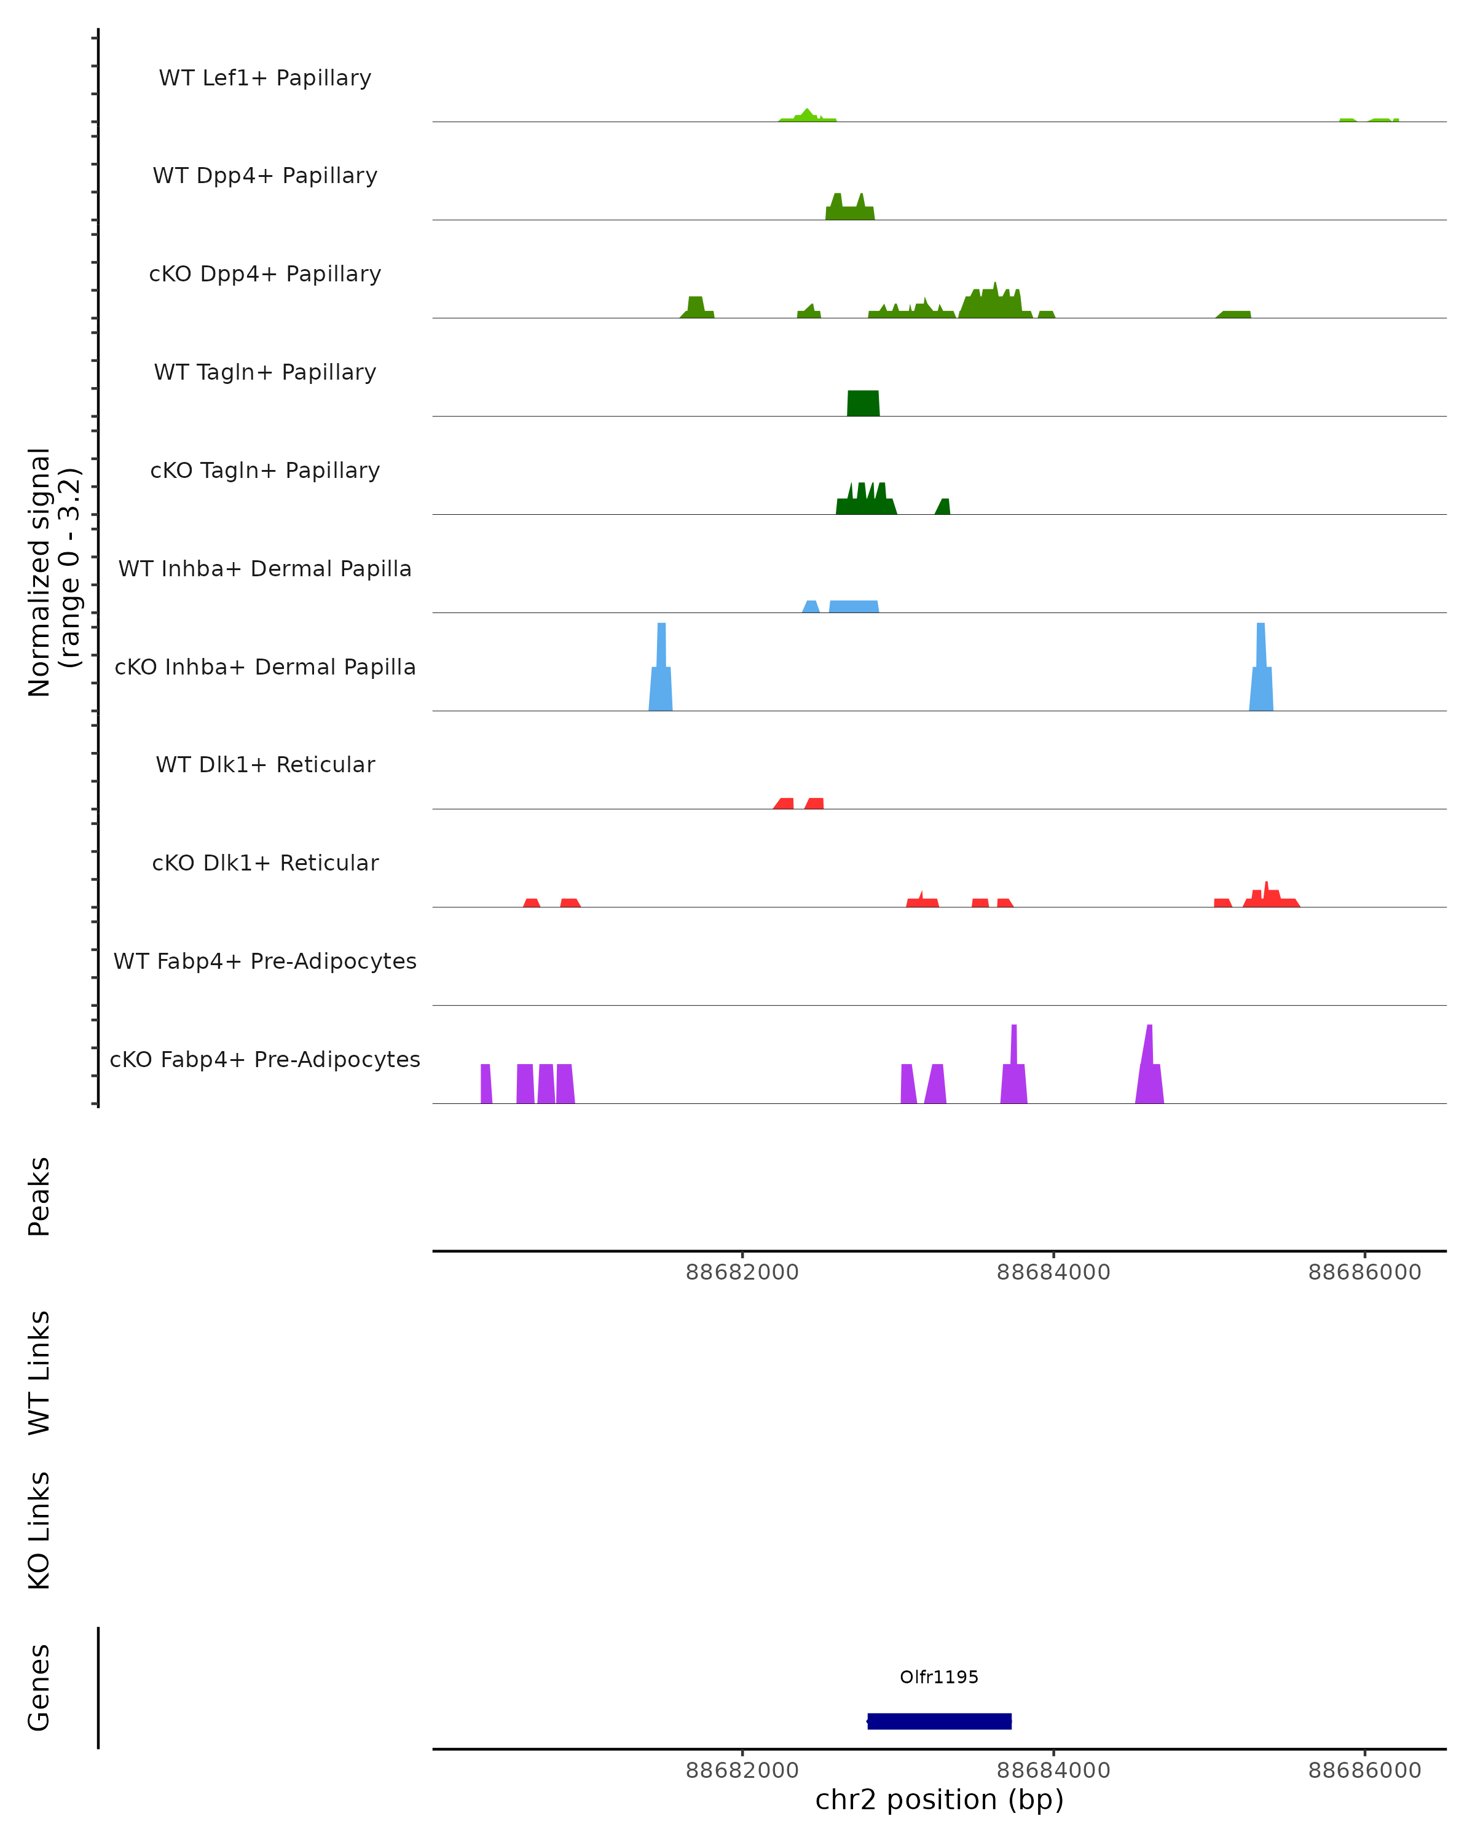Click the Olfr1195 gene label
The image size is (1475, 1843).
pos(939,1677)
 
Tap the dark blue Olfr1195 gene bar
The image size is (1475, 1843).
pos(939,1721)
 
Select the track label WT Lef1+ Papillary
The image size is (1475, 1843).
pos(265,78)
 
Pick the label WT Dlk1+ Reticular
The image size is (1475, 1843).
pos(265,764)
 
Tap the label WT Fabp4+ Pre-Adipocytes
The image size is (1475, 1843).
pos(265,961)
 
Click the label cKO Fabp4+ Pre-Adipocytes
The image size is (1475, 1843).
pos(265,1059)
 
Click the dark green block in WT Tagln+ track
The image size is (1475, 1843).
pos(863,404)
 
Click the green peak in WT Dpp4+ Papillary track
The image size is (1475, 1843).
pos(849,210)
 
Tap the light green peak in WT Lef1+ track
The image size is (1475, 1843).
pos(807,116)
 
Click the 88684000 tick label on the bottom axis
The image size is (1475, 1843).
pos(1053,1771)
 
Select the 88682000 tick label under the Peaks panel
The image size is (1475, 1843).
pos(742,1272)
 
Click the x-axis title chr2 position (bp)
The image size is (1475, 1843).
pos(939,1800)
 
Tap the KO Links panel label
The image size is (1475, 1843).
pos(39,1530)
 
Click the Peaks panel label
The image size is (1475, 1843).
pos(39,1196)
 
